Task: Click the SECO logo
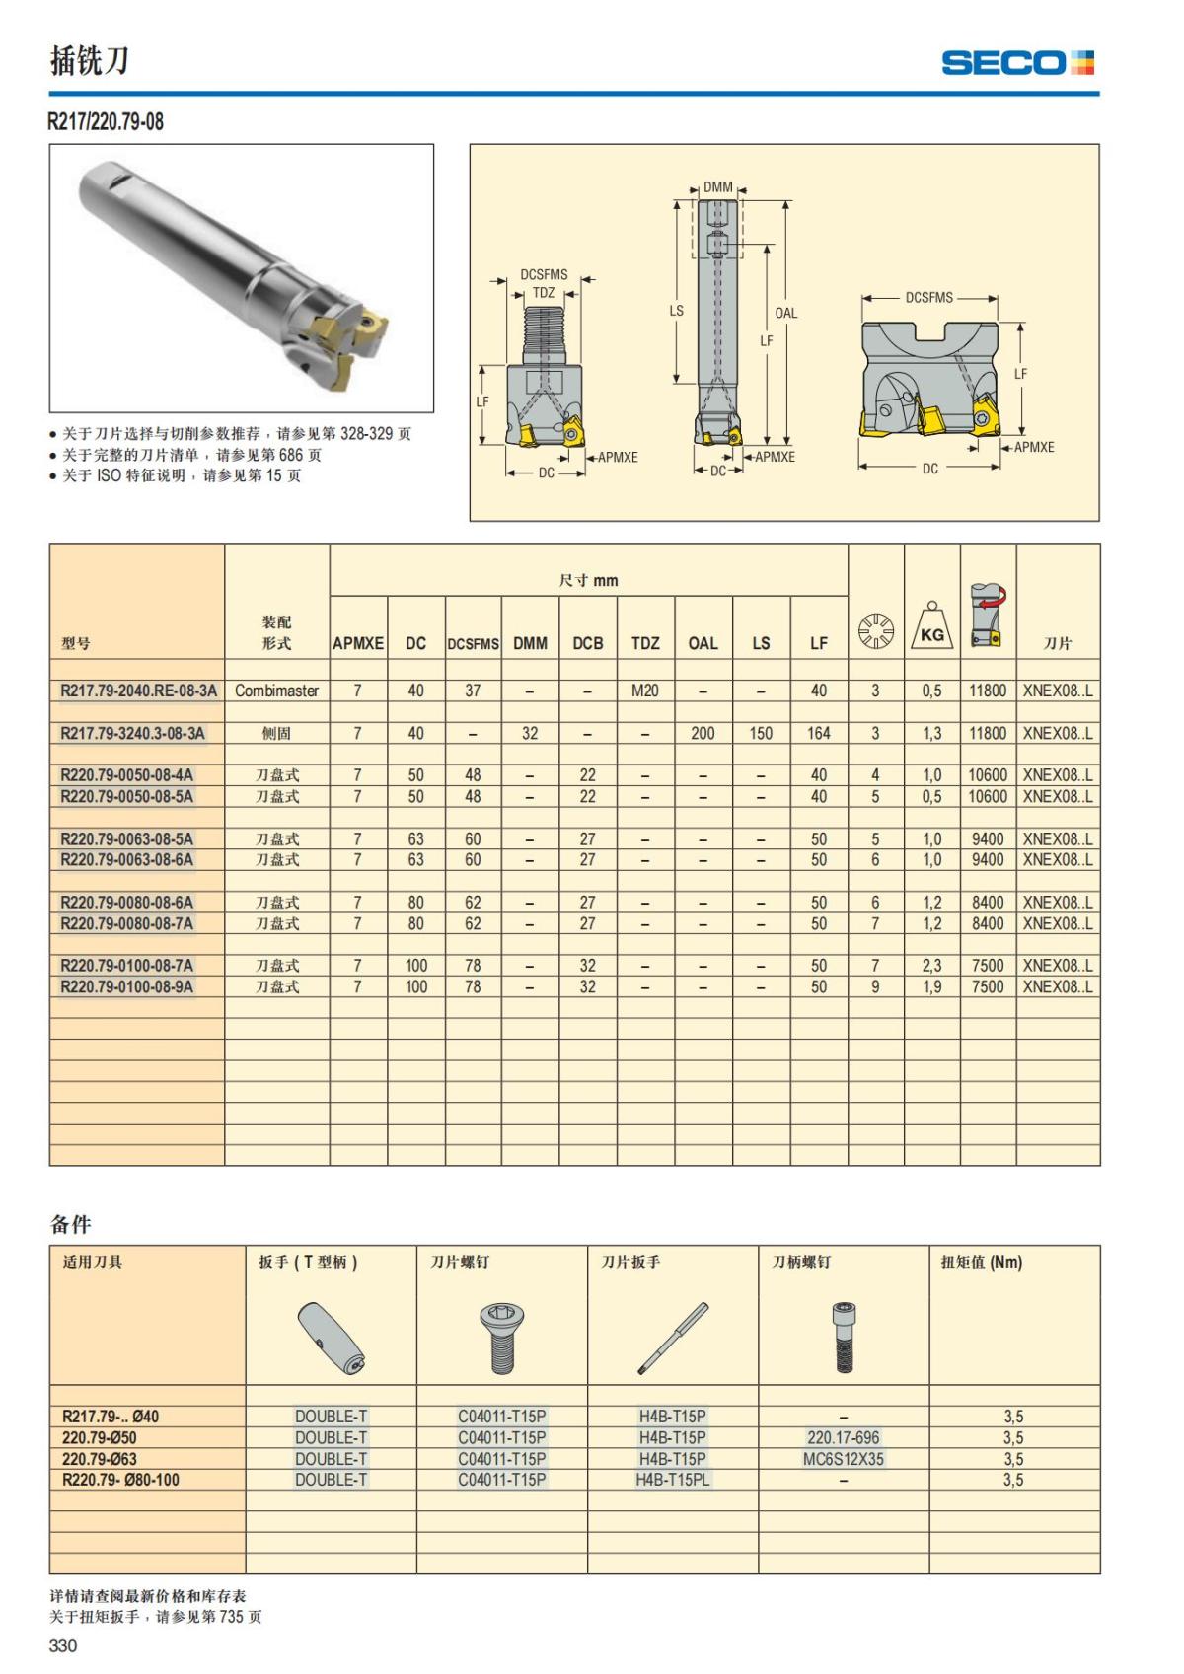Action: (x=1017, y=63)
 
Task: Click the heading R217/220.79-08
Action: (x=106, y=122)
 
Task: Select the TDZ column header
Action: (x=645, y=643)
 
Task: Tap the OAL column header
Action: (x=703, y=643)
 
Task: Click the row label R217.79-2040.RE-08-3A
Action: (x=138, y=691)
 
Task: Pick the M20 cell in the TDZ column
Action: (x=645, y=691)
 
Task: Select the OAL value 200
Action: (x=703, y=733)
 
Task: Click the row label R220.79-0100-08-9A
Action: (x=126, y=986)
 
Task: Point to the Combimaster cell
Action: (x=276, y=691)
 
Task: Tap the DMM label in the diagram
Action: (x=718, y=187)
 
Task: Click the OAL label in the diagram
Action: (x=786, y=313)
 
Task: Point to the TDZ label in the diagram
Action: (x=544, y=293)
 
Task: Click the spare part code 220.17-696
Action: (x=843, y=1437)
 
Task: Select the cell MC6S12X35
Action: (x=843, y=1458)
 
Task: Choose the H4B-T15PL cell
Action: (x=673, y=1479)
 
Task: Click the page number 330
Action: (x=63, y=1645)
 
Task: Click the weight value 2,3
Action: (x=931, y=966)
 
